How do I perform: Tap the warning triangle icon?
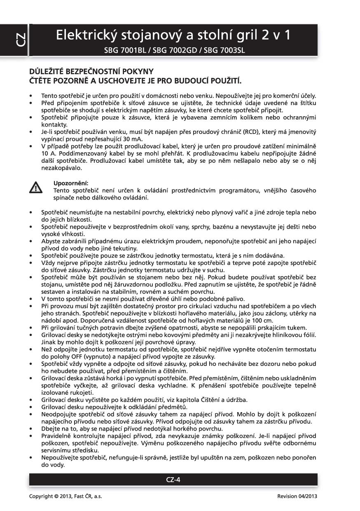coord(37,188)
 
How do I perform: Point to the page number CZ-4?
coord(173,479)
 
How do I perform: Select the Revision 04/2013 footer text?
coord(297,496)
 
